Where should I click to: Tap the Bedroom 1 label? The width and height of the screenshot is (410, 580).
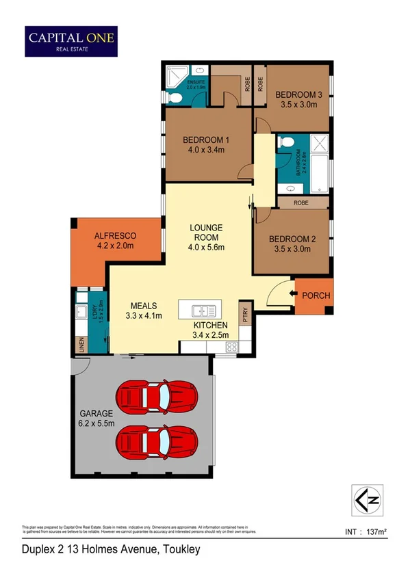pos(205,140)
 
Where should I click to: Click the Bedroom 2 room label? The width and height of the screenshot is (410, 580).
pos(292,239)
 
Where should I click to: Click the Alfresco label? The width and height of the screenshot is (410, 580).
pos(114,235)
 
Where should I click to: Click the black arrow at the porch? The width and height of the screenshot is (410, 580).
pos(294,295)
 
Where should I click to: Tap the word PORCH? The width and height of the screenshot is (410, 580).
pos(316,295)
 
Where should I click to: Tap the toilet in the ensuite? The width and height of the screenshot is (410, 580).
pos(175,98)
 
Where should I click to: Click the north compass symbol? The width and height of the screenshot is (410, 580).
pos(366,499)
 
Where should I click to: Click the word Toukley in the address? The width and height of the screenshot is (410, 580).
pos(179,549)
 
